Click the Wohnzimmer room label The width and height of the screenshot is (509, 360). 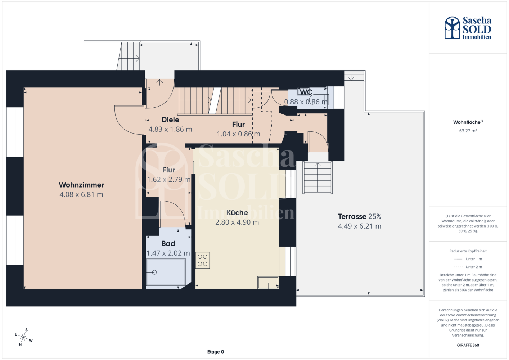pos(81,185)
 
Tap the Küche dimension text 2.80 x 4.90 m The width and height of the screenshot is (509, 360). pos(237,222)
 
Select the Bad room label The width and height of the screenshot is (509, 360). pos(168,243)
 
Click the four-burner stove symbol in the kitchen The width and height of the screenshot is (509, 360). pos(202,260)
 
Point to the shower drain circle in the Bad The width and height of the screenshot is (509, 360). pos(154,272)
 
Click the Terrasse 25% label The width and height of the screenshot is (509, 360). pos(360,216)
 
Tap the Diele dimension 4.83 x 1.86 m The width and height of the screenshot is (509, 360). pos(170,129)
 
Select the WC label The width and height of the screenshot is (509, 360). pos(306,92)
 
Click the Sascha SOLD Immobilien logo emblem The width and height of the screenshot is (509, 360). pos(452,27)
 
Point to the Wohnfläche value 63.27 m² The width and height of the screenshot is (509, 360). pos(468,131)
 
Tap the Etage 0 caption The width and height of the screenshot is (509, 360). pos(215,352)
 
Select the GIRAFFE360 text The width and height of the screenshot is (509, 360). pos(468,345)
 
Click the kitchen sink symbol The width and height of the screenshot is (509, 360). pos(268,283)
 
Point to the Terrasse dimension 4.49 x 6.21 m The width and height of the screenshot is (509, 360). pos(360,226)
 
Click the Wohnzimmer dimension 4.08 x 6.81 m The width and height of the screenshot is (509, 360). pos(81,194)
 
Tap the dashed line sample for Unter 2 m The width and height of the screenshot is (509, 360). pos(458,267)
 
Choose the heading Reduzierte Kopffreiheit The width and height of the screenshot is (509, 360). pos(468,251)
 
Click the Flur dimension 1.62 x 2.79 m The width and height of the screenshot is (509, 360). pos(168,179)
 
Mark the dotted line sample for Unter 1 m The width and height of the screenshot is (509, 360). pos(458,259)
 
